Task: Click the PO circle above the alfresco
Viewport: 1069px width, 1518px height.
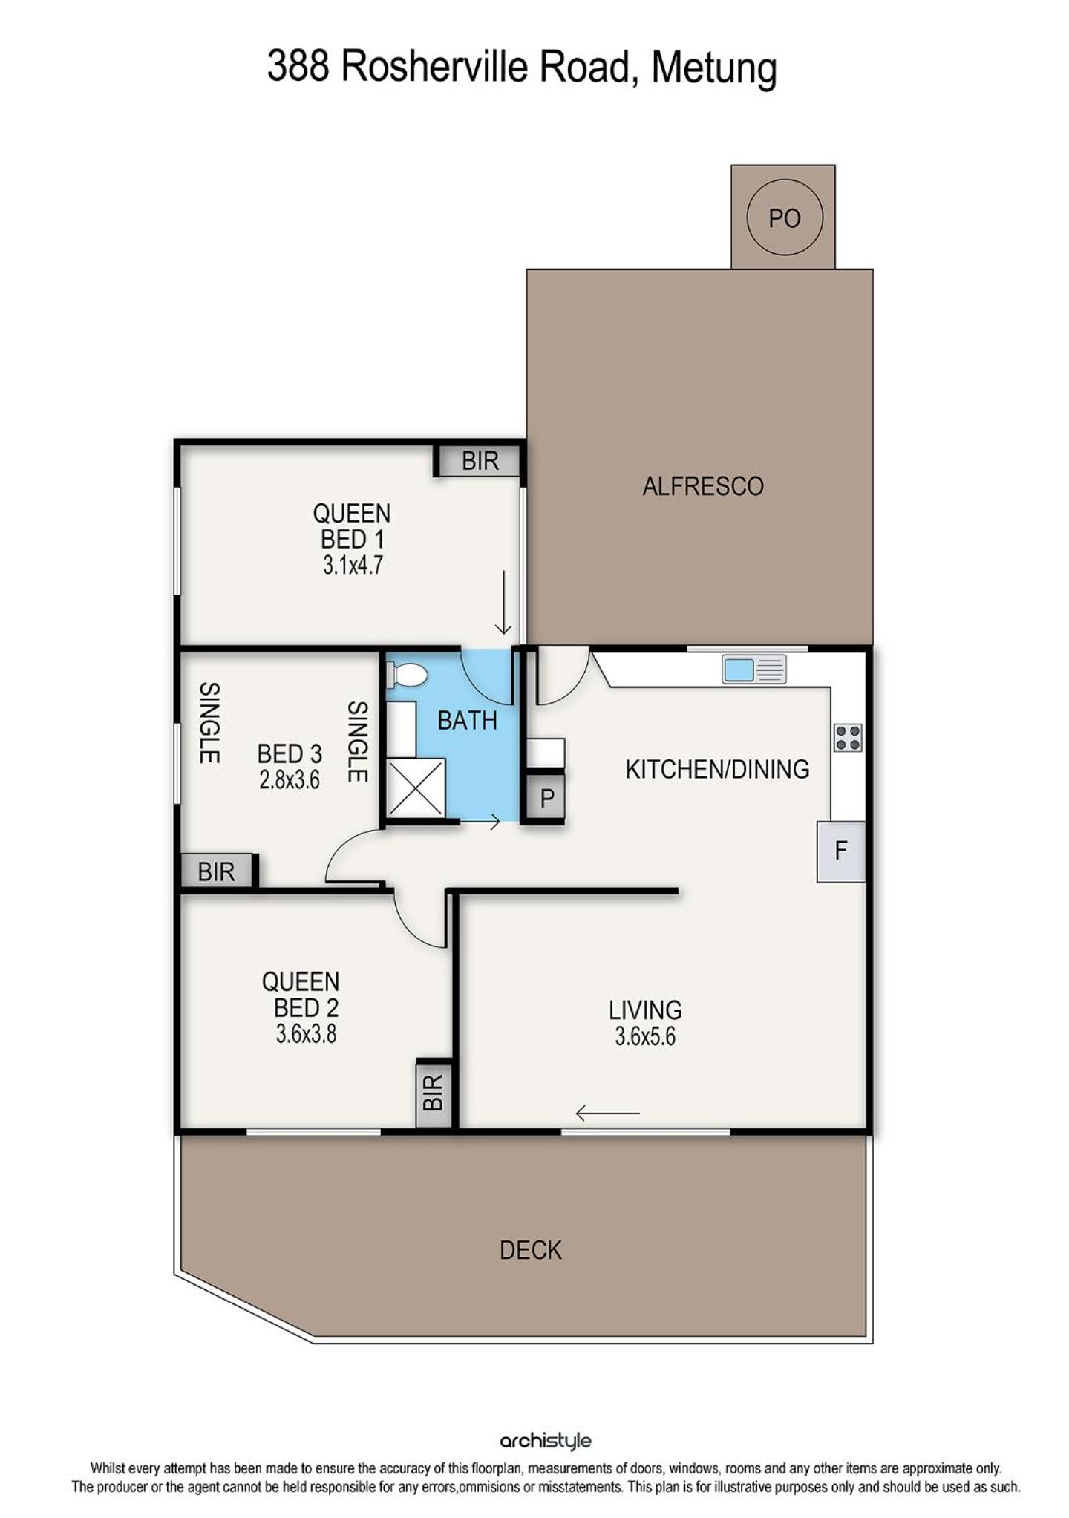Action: click(x=784, y=217)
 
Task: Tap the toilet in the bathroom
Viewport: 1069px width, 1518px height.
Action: click(x=407, y=675)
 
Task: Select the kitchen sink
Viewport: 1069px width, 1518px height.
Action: click(x=753, y=670)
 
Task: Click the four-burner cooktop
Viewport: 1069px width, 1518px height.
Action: click(x=847, y=737)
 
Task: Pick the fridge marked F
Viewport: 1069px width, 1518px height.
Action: click(x=841, y=851)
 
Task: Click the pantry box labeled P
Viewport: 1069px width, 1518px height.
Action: click(x=546, y=798)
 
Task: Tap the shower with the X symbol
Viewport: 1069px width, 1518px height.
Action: click(x=415, y=788)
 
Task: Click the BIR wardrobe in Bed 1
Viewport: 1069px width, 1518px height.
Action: click(x=480, y=461)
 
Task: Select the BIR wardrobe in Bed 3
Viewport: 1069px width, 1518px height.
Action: click(x=217, y=871)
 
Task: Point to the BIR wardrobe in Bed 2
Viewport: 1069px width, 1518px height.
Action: click(x=433, y=1093)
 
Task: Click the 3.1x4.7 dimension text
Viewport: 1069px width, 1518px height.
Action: click(x=353, y=566)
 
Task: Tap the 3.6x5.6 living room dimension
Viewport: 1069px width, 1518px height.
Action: click(x=644, y=1036)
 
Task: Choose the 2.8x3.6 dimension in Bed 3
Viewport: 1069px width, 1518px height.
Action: click(x=290, y=780)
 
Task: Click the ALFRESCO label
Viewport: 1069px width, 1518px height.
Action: click(x=702, y=486)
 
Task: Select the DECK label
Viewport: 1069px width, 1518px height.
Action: click(x=530, y=1250)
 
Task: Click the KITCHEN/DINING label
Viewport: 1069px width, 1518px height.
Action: click(x=717, y=769)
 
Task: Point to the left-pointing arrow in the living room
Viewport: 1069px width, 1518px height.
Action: click(x=607, y=1113)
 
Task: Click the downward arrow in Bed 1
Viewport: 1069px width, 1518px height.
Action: click(x=503, y=602)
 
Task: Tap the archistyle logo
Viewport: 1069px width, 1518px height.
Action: click(x=546, y=1441)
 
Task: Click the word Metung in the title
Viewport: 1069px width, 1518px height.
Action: click(x=714, y=68)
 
